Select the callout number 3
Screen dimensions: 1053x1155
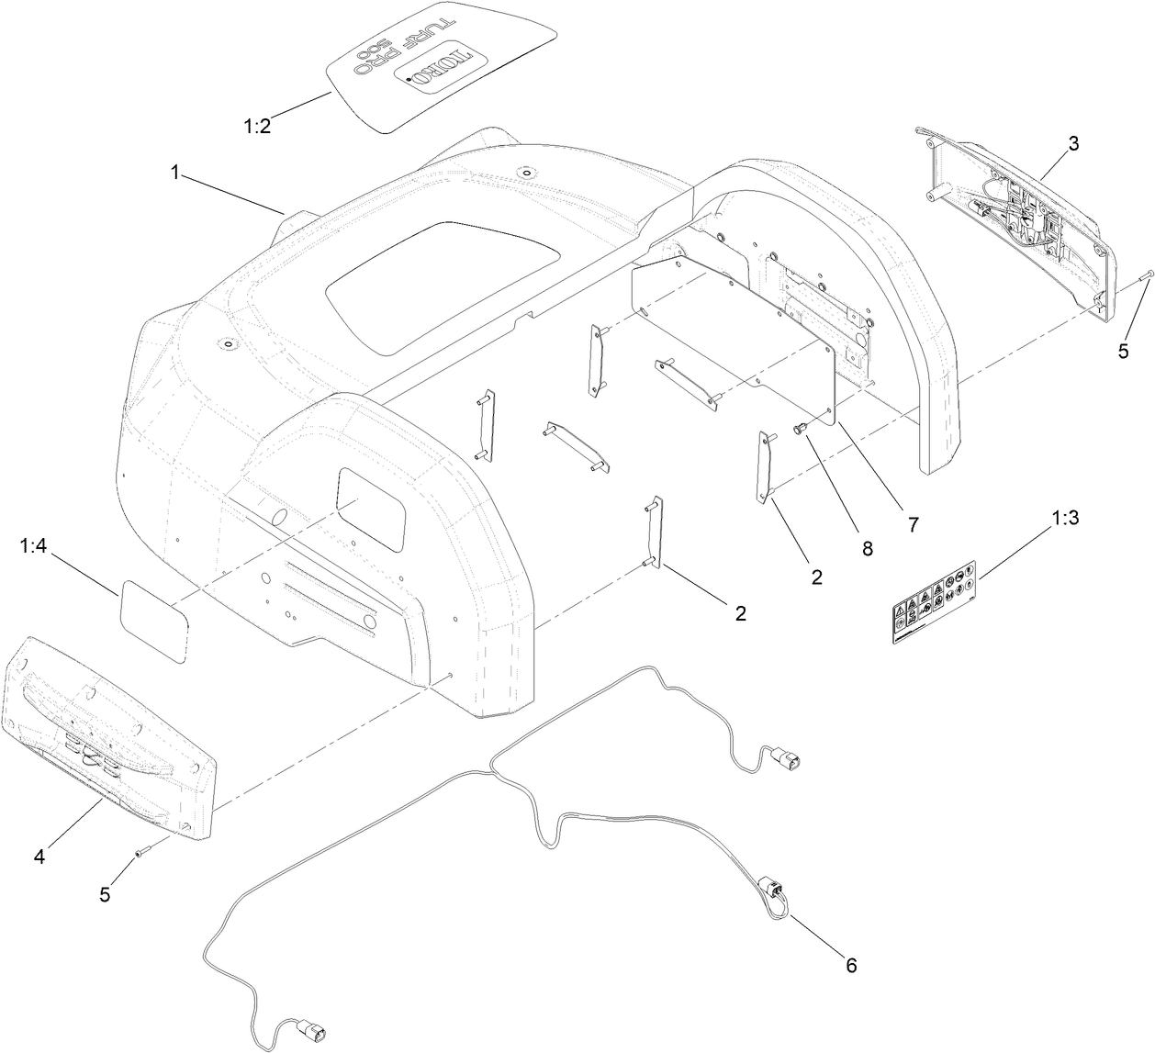1072,144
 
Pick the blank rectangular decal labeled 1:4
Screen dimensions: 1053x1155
153,620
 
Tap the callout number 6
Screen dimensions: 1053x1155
850,965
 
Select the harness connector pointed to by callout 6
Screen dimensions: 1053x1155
769,889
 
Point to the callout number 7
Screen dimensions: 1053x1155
913,525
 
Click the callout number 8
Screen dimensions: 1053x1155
867,550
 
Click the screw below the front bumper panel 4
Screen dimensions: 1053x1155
141,853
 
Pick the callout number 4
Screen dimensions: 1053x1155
39,857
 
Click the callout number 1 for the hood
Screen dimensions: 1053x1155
174,171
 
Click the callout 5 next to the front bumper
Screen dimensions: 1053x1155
105,893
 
